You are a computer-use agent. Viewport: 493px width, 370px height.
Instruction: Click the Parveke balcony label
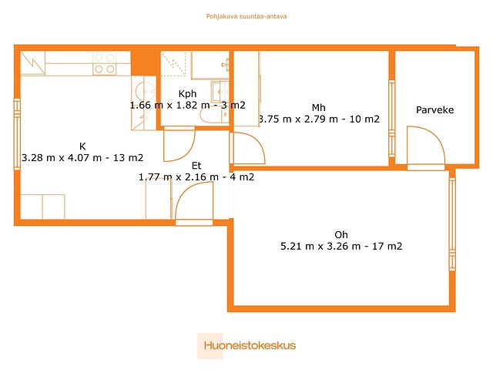point(434,109)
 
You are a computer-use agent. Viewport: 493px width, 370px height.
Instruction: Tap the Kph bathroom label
point(187,94)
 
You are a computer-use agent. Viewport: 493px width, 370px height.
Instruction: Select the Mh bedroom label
point(318,108)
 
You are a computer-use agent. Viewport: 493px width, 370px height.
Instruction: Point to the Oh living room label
point(341,234)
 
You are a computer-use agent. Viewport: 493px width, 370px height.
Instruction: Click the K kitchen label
point(82,146)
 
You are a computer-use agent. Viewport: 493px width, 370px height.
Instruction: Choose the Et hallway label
point(196,166)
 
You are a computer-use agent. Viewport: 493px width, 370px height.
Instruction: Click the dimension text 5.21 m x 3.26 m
point(320,246)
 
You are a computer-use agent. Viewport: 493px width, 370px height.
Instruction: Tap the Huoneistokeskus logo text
point(250,345)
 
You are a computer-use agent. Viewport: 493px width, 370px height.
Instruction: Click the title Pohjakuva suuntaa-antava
point(246,16)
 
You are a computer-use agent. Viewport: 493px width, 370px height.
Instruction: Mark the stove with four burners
point(105,63)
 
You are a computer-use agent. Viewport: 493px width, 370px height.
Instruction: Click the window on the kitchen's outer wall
point(17,134)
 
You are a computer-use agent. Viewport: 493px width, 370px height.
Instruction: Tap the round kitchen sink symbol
point(143,91)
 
